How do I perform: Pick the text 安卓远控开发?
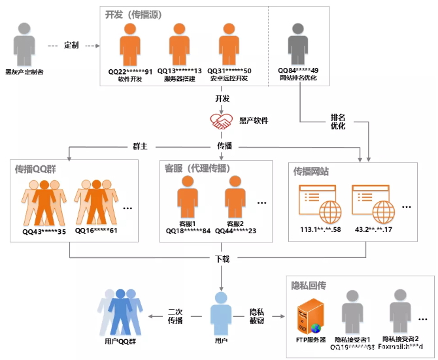click(x=229, y=79)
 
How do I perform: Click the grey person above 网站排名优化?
click(x=298, y=44)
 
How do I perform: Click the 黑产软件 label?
click(x=254, y=121)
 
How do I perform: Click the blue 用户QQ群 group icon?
click(x=120, y=313)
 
